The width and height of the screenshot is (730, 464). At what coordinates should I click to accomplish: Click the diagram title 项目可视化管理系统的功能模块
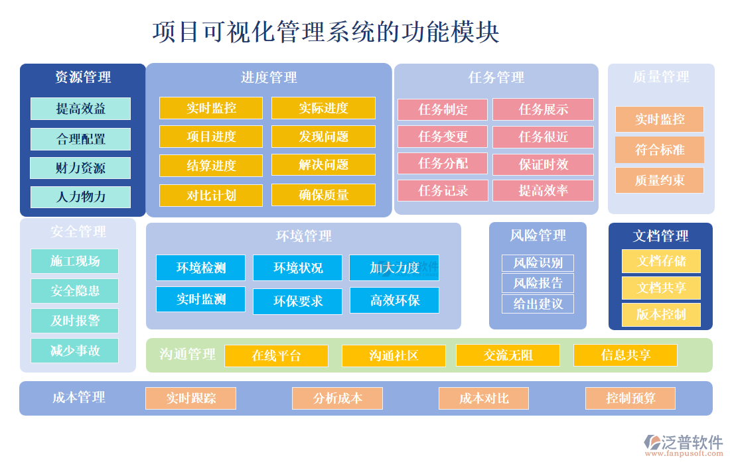[x=326, y=31]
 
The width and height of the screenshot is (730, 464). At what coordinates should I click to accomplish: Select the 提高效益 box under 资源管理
[x=80, y=109]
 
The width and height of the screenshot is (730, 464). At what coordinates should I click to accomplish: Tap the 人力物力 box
[x=80, y=197]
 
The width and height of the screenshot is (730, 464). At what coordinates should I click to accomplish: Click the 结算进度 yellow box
[x=211, y=166]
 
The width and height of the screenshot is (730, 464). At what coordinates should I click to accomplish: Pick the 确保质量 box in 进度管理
[x=323, y=195]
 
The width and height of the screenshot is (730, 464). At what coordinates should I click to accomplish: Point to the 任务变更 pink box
[x=443, y=137]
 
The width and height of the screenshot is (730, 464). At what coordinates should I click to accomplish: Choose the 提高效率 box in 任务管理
[x=543, y=191]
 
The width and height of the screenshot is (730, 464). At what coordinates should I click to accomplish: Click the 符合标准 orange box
[x=659, y=150]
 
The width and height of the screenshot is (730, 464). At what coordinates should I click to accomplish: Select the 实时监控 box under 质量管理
[x=659, y=119]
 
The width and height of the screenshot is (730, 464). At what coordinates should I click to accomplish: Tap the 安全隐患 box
[x=74, y=291]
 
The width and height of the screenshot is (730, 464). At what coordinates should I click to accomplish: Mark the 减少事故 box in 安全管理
[x=74, y=351]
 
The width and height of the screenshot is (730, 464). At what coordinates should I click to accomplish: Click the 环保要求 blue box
[x=297, y=301]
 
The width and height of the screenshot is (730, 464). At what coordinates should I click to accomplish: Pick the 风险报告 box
[x=538, y=283]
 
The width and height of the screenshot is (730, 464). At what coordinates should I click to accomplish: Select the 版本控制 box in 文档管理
[x=660, y=314]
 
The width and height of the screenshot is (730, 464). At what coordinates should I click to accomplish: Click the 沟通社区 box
[x=394, y=355]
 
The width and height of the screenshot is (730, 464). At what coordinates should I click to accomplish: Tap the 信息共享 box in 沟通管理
[x=625, y=355]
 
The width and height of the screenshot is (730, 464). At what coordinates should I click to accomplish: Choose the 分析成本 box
[x=337, y=398]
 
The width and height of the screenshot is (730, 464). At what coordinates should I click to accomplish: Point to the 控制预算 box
[x=630, y=398]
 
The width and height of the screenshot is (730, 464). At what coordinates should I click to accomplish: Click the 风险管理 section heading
[x=538, y=235]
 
